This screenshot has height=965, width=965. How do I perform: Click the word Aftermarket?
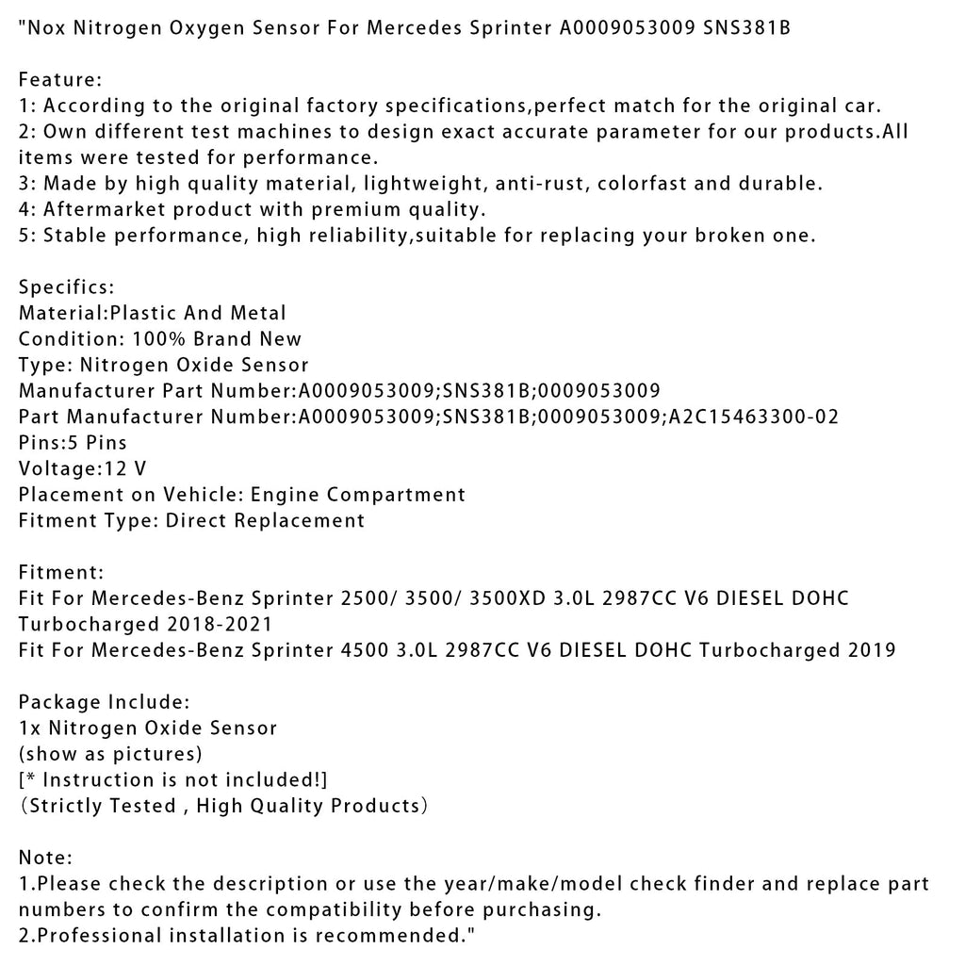pyautogui.click(x=100, y=209)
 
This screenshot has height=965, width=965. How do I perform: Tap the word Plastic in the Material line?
pyautogui.click(x=147, y=312)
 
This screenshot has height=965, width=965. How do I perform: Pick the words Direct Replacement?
pyautogui.click(x=265, y=520)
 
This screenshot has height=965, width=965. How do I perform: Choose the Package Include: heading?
pyautogui.click(x=105, y=702)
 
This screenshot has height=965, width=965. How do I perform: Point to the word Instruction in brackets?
pyautogui.click(x=98, y=779)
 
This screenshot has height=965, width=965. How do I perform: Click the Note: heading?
pyautogui.click(x=44, y=858)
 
